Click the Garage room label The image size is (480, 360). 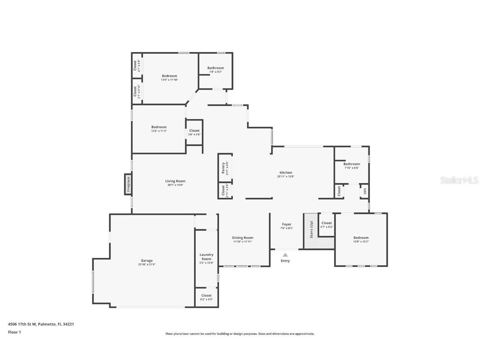[146, 260]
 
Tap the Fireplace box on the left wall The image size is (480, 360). [128, 184]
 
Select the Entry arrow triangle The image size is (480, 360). [285, 255]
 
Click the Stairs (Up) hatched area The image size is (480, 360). [311, 231]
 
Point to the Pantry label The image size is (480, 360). [223, 167]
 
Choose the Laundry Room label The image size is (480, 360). [206, 257]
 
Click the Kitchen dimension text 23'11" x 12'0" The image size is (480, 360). [286, 176]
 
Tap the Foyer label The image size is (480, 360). [287, 224]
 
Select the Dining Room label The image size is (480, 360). [242, 237]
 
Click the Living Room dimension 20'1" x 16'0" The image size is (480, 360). [175, 185]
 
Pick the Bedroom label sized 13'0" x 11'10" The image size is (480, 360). [169, 76]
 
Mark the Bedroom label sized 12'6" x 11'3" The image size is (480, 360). [159, 127]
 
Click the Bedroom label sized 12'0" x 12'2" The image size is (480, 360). [361, 237]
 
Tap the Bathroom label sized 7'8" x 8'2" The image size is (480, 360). [215, 68]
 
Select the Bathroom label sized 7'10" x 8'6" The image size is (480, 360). [352, 164]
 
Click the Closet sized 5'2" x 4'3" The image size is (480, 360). [206, 295]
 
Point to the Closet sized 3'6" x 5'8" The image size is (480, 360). [194, 130]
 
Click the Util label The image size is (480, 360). [365, 191]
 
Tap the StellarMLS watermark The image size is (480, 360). [456, 180]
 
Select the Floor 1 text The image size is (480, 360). [15, 332]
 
